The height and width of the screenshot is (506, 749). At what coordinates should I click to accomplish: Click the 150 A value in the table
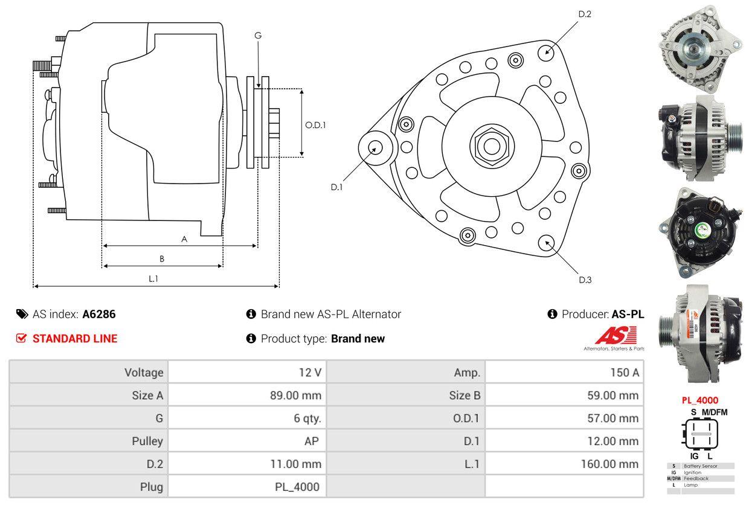pyautogui.click(x=624, y=373)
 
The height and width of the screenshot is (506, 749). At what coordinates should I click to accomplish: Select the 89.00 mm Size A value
pyautogui.click(x=295, y=396)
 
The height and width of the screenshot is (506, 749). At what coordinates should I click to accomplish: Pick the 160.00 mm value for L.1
pyautogui.click(x=609, y=464)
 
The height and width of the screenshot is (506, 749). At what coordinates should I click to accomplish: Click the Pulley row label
pyautogui.click(x=147, y=441)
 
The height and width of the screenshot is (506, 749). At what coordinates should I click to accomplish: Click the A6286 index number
pyautogui.click(x=99, y=314)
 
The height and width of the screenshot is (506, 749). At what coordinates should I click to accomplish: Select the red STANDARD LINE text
pyautogui.click(x=75, y=339)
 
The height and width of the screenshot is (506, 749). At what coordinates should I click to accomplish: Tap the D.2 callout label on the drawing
pyautogui.click(x=584, y=14)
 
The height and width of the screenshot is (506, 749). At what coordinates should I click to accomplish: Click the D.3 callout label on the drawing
pyautogui.click(x=585, y=280)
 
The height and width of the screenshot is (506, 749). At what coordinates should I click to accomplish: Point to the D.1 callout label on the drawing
pyautogui.click(x=336, y=187)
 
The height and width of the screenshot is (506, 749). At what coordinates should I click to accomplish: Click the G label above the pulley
pyautogui.click(x=258, y=36)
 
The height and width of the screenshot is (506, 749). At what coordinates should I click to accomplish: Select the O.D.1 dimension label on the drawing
pyautogui.click(x=315, y=125)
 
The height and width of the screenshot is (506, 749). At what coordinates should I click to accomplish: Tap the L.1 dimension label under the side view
pyautogui.click(x=153, y=278)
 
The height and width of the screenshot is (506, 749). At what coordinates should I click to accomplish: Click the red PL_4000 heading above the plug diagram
pyautogui.click(x=699, y=400)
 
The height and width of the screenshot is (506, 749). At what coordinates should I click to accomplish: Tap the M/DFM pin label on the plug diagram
pyautogui.click(x=714, y=412)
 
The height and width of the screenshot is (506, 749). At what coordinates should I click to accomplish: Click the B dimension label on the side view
pyautogui.click(x=162, y=258)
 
